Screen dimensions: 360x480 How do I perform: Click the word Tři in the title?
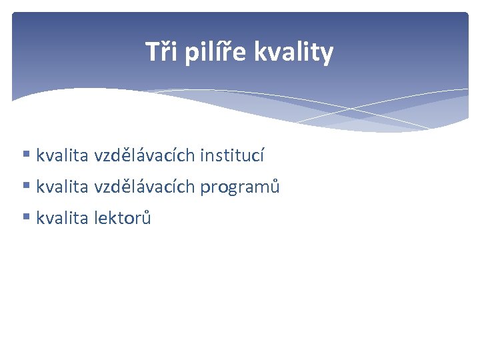click(161, 52)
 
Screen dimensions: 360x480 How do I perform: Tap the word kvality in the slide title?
click(294, 52)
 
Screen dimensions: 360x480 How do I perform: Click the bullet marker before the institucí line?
click(26, 155)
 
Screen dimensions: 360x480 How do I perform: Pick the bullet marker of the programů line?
click(26, 187)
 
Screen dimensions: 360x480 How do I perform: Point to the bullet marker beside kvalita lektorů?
click(26, 217)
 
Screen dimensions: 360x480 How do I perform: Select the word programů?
click(240, 187)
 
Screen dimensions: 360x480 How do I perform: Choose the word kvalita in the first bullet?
click(62, 156)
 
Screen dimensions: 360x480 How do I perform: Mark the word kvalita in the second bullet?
click(62, 187)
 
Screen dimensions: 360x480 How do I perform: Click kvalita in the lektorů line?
click(62, 218)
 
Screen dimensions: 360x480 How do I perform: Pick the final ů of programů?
click(275, 187)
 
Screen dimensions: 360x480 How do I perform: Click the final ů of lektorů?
click(147, 218)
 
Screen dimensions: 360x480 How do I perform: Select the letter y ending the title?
click(327, 53)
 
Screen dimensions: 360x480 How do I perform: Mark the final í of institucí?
click(262, 156)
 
